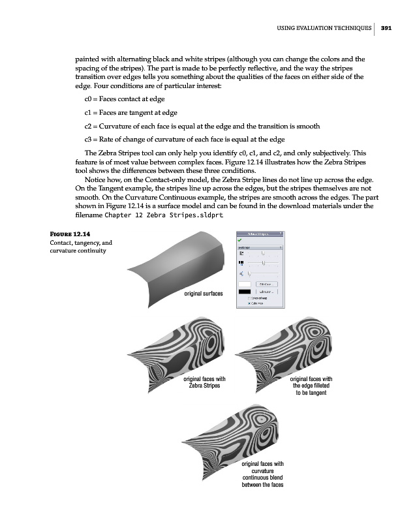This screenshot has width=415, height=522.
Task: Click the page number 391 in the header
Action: pos(386,28)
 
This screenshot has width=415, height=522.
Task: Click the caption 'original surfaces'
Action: pos(204,293)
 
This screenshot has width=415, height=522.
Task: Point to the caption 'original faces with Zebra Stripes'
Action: pos(204,382)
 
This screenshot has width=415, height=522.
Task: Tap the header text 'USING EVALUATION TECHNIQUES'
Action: pos(322,28)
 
